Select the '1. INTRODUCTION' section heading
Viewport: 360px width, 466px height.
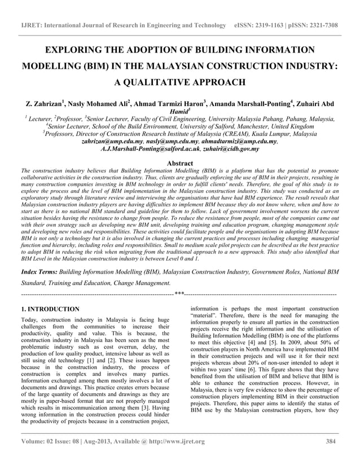point(50,309)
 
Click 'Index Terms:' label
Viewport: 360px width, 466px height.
point(38,271)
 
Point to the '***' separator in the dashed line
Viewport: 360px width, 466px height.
point(179,293)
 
